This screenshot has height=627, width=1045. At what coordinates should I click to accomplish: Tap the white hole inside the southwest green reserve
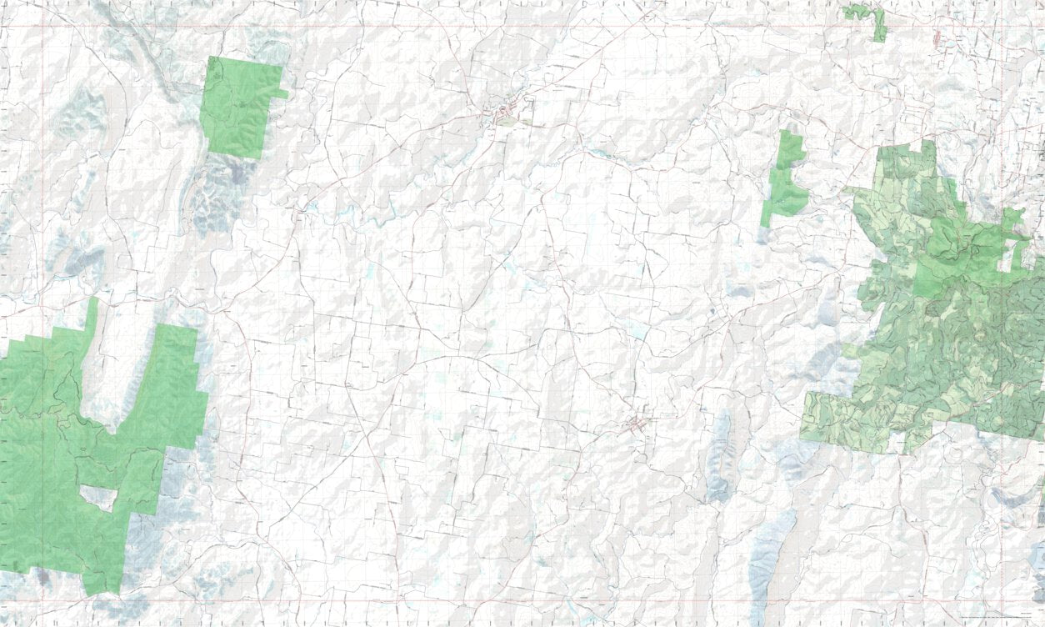tap(98, 498)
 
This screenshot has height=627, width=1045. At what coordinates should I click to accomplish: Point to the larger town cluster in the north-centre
tap(507, 113)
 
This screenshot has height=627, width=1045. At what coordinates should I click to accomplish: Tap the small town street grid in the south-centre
tap(640, 424)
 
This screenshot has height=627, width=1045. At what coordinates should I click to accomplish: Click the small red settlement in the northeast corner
tap(938, 38)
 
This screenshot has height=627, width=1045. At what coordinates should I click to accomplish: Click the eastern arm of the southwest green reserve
tap(176, 384)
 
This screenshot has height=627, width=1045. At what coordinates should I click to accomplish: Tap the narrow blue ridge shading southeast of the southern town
tap(718, 459)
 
